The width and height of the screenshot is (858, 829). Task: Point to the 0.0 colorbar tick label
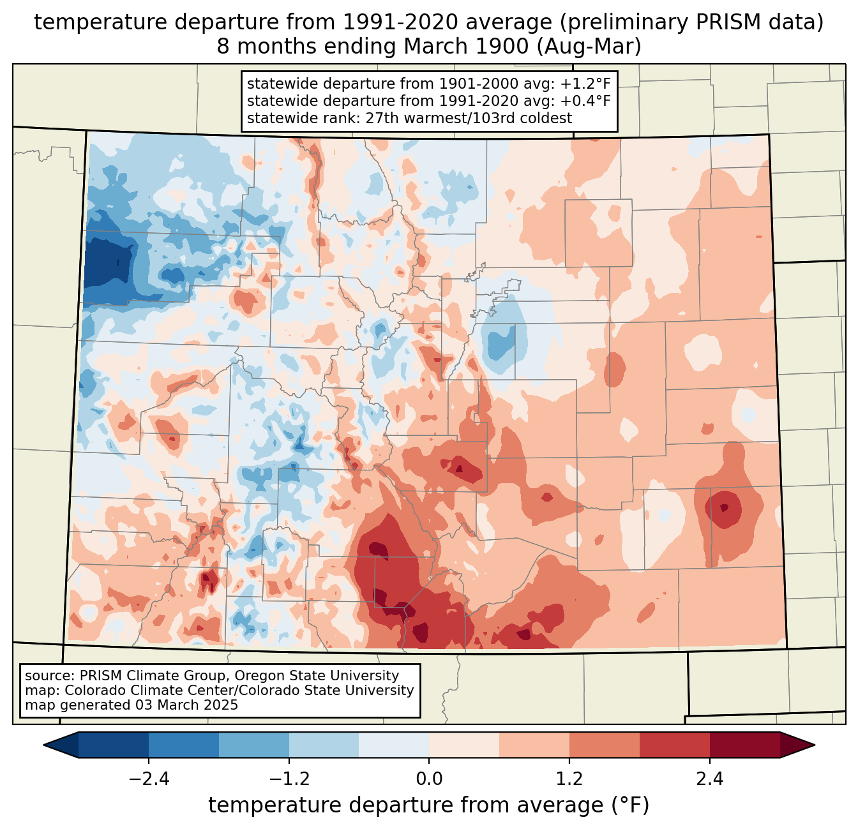click(x=429, y=779)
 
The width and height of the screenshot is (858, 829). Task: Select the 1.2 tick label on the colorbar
click(x=569, y=779)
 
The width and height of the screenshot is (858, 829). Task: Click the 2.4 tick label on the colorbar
click(x=710, y=779)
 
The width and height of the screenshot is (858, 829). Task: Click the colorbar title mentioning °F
click(x=429, y=805)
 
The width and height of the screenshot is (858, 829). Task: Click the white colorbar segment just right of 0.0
click(x=464, y=745)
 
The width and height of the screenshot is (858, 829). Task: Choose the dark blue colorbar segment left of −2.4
click(x=114, y=745)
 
